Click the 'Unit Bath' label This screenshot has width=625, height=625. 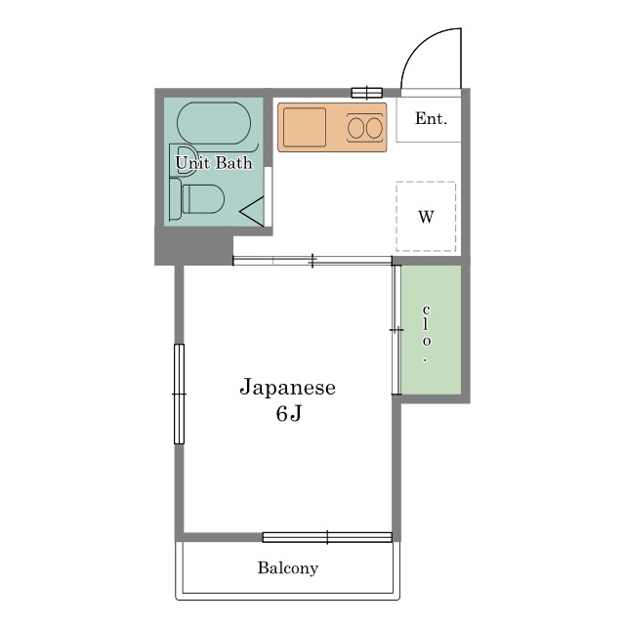(213, 163)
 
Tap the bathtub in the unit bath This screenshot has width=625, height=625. (214, 125)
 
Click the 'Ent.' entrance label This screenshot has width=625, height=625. (430, 119)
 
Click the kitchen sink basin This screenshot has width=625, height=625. (305, 127)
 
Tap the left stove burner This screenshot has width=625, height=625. (356, 127)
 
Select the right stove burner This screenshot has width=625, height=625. (374, 127)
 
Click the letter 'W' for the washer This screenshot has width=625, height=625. (426, 217)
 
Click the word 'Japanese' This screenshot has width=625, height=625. (287, 388)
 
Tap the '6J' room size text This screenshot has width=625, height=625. (287, 414)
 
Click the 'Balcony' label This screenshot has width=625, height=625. (287, 567)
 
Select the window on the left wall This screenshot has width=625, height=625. (179, 394)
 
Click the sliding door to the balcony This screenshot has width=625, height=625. (327, 536)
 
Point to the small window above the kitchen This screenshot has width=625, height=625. (366, 93)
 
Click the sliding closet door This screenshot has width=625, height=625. (396, 329)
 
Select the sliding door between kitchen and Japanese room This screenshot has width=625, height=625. (312, 261)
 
